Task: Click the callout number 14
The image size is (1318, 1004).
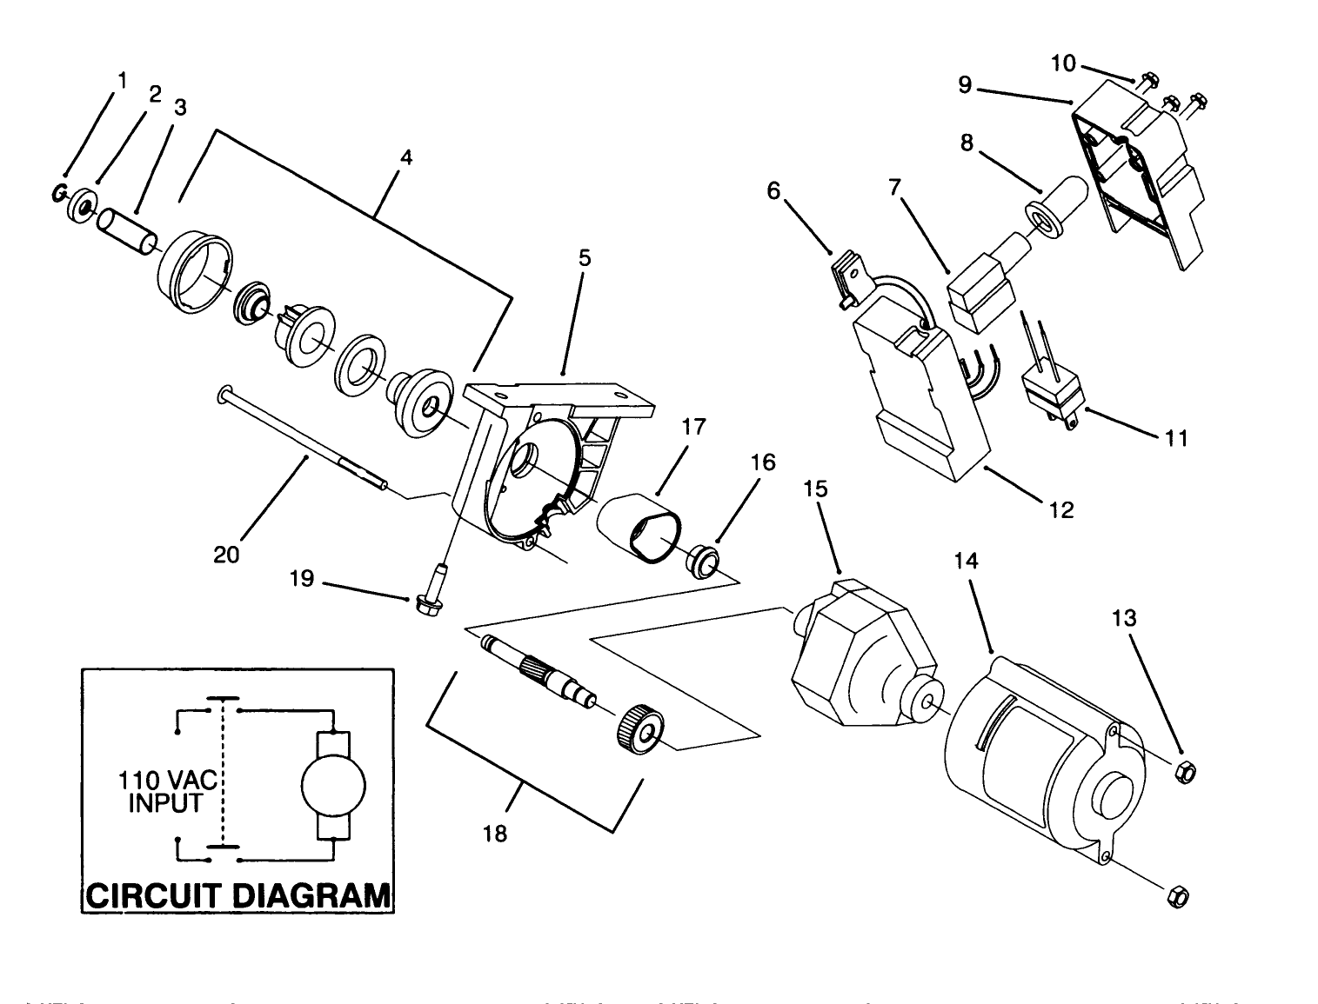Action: click(x=966, y=562)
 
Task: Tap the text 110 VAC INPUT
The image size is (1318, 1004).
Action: click(x=165, y=792)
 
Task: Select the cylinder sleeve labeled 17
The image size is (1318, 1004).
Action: click(x=638, y=527)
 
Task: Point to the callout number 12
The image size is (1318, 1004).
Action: click(x=1061, y=509)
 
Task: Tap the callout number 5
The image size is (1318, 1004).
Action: click(x=584, y=257)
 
